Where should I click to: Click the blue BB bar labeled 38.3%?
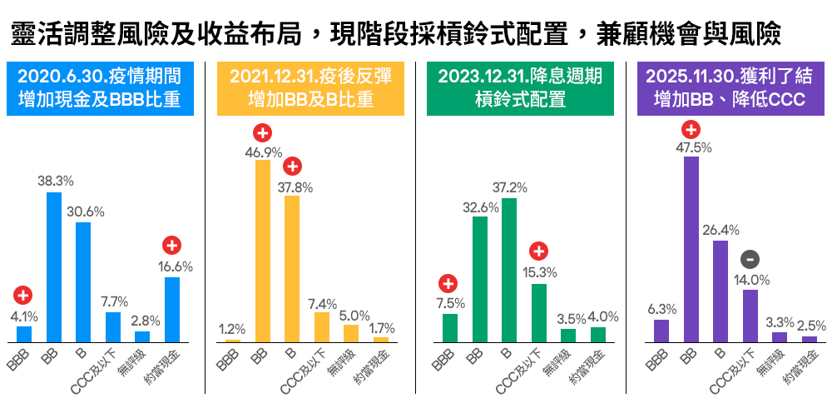(x=54, y=267)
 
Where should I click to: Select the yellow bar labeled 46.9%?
(x=262, y=251)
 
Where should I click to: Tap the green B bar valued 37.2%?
(x=509, y=271)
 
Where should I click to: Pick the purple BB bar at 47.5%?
(x=691, y=249)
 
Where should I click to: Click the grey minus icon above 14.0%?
(x=750, y=258)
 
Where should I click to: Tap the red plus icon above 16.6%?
(x=172, y=246)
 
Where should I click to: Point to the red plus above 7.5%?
(x=449, y=282)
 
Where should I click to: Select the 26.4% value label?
(x=721, y=230)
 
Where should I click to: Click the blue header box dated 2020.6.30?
(x=101, y=88)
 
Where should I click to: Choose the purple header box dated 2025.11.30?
(x=728, y=88)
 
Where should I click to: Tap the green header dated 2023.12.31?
(x=520, y=88)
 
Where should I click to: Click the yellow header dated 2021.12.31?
(x=310, y=88)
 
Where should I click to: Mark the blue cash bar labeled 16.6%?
(x=172, y=310)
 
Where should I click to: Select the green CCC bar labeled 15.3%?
(x=539, y=313)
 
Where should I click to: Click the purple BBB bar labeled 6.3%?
(x=661, y=331)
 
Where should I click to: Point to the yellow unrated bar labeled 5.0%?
(x=351, y=333)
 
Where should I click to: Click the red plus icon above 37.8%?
(x=292, y=166)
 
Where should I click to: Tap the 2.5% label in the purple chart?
(x=810, y=326)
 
